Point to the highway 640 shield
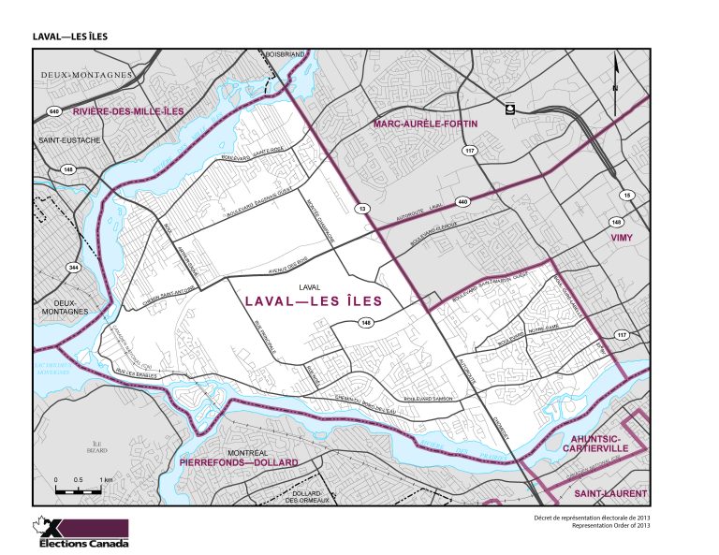pos(53,110)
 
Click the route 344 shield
pos(72,268)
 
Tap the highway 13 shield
pos(359,207)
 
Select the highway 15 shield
pos(627,194)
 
